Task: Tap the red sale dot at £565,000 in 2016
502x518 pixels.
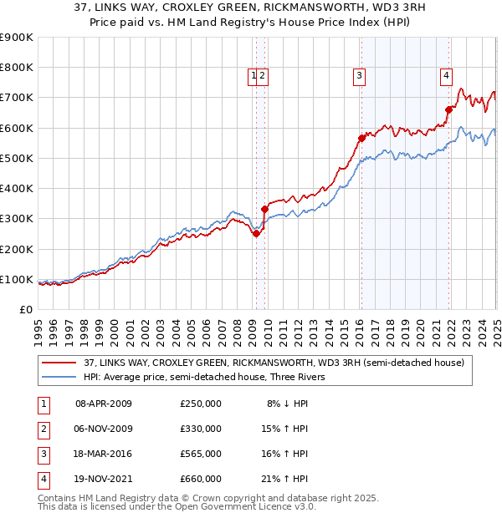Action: click(361, 138)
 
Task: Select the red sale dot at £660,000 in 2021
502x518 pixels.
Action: click(448, 109)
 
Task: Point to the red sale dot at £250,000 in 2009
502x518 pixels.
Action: click(256, 234)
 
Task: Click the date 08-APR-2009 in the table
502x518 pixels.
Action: click(104, 404)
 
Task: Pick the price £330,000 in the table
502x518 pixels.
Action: click(201, 429)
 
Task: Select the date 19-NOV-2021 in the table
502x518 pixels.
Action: click(104, 479)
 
